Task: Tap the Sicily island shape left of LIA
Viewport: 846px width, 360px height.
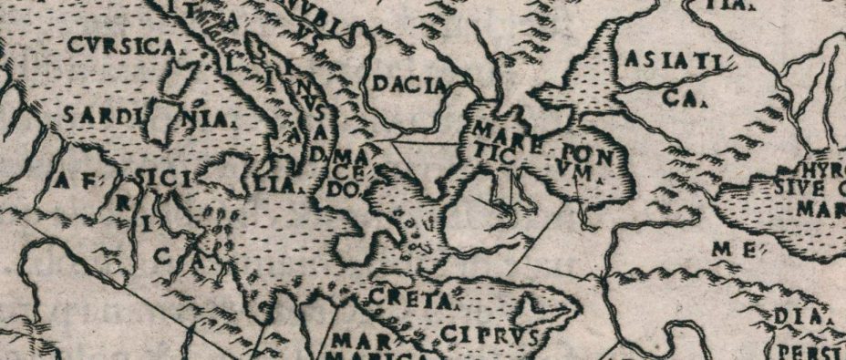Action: [223, 176]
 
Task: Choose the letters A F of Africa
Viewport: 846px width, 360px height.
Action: [77, 182]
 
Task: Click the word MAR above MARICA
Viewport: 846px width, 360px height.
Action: [354, 341]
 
